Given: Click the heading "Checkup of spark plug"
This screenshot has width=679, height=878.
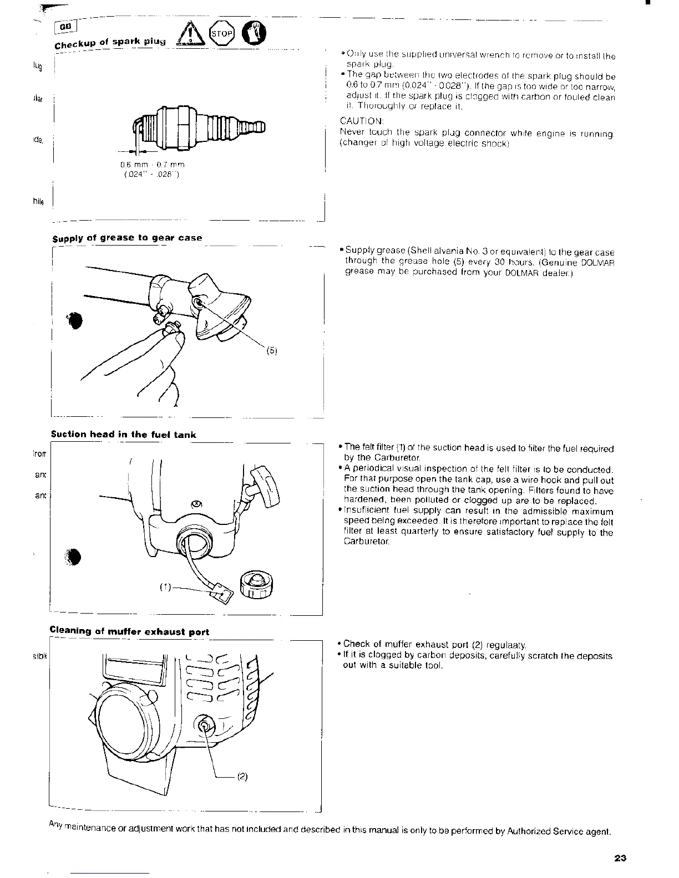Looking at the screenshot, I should click(x=111, y=43).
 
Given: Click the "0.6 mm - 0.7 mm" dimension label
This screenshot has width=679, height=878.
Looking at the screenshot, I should click(x=153, y=165).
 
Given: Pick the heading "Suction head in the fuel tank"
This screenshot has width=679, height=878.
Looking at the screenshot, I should click(x=123, y=435).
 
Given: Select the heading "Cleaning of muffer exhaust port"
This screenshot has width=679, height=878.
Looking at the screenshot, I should click(x=129, y=631).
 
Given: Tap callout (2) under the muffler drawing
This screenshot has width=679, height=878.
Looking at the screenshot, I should click(x=242, y=777).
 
